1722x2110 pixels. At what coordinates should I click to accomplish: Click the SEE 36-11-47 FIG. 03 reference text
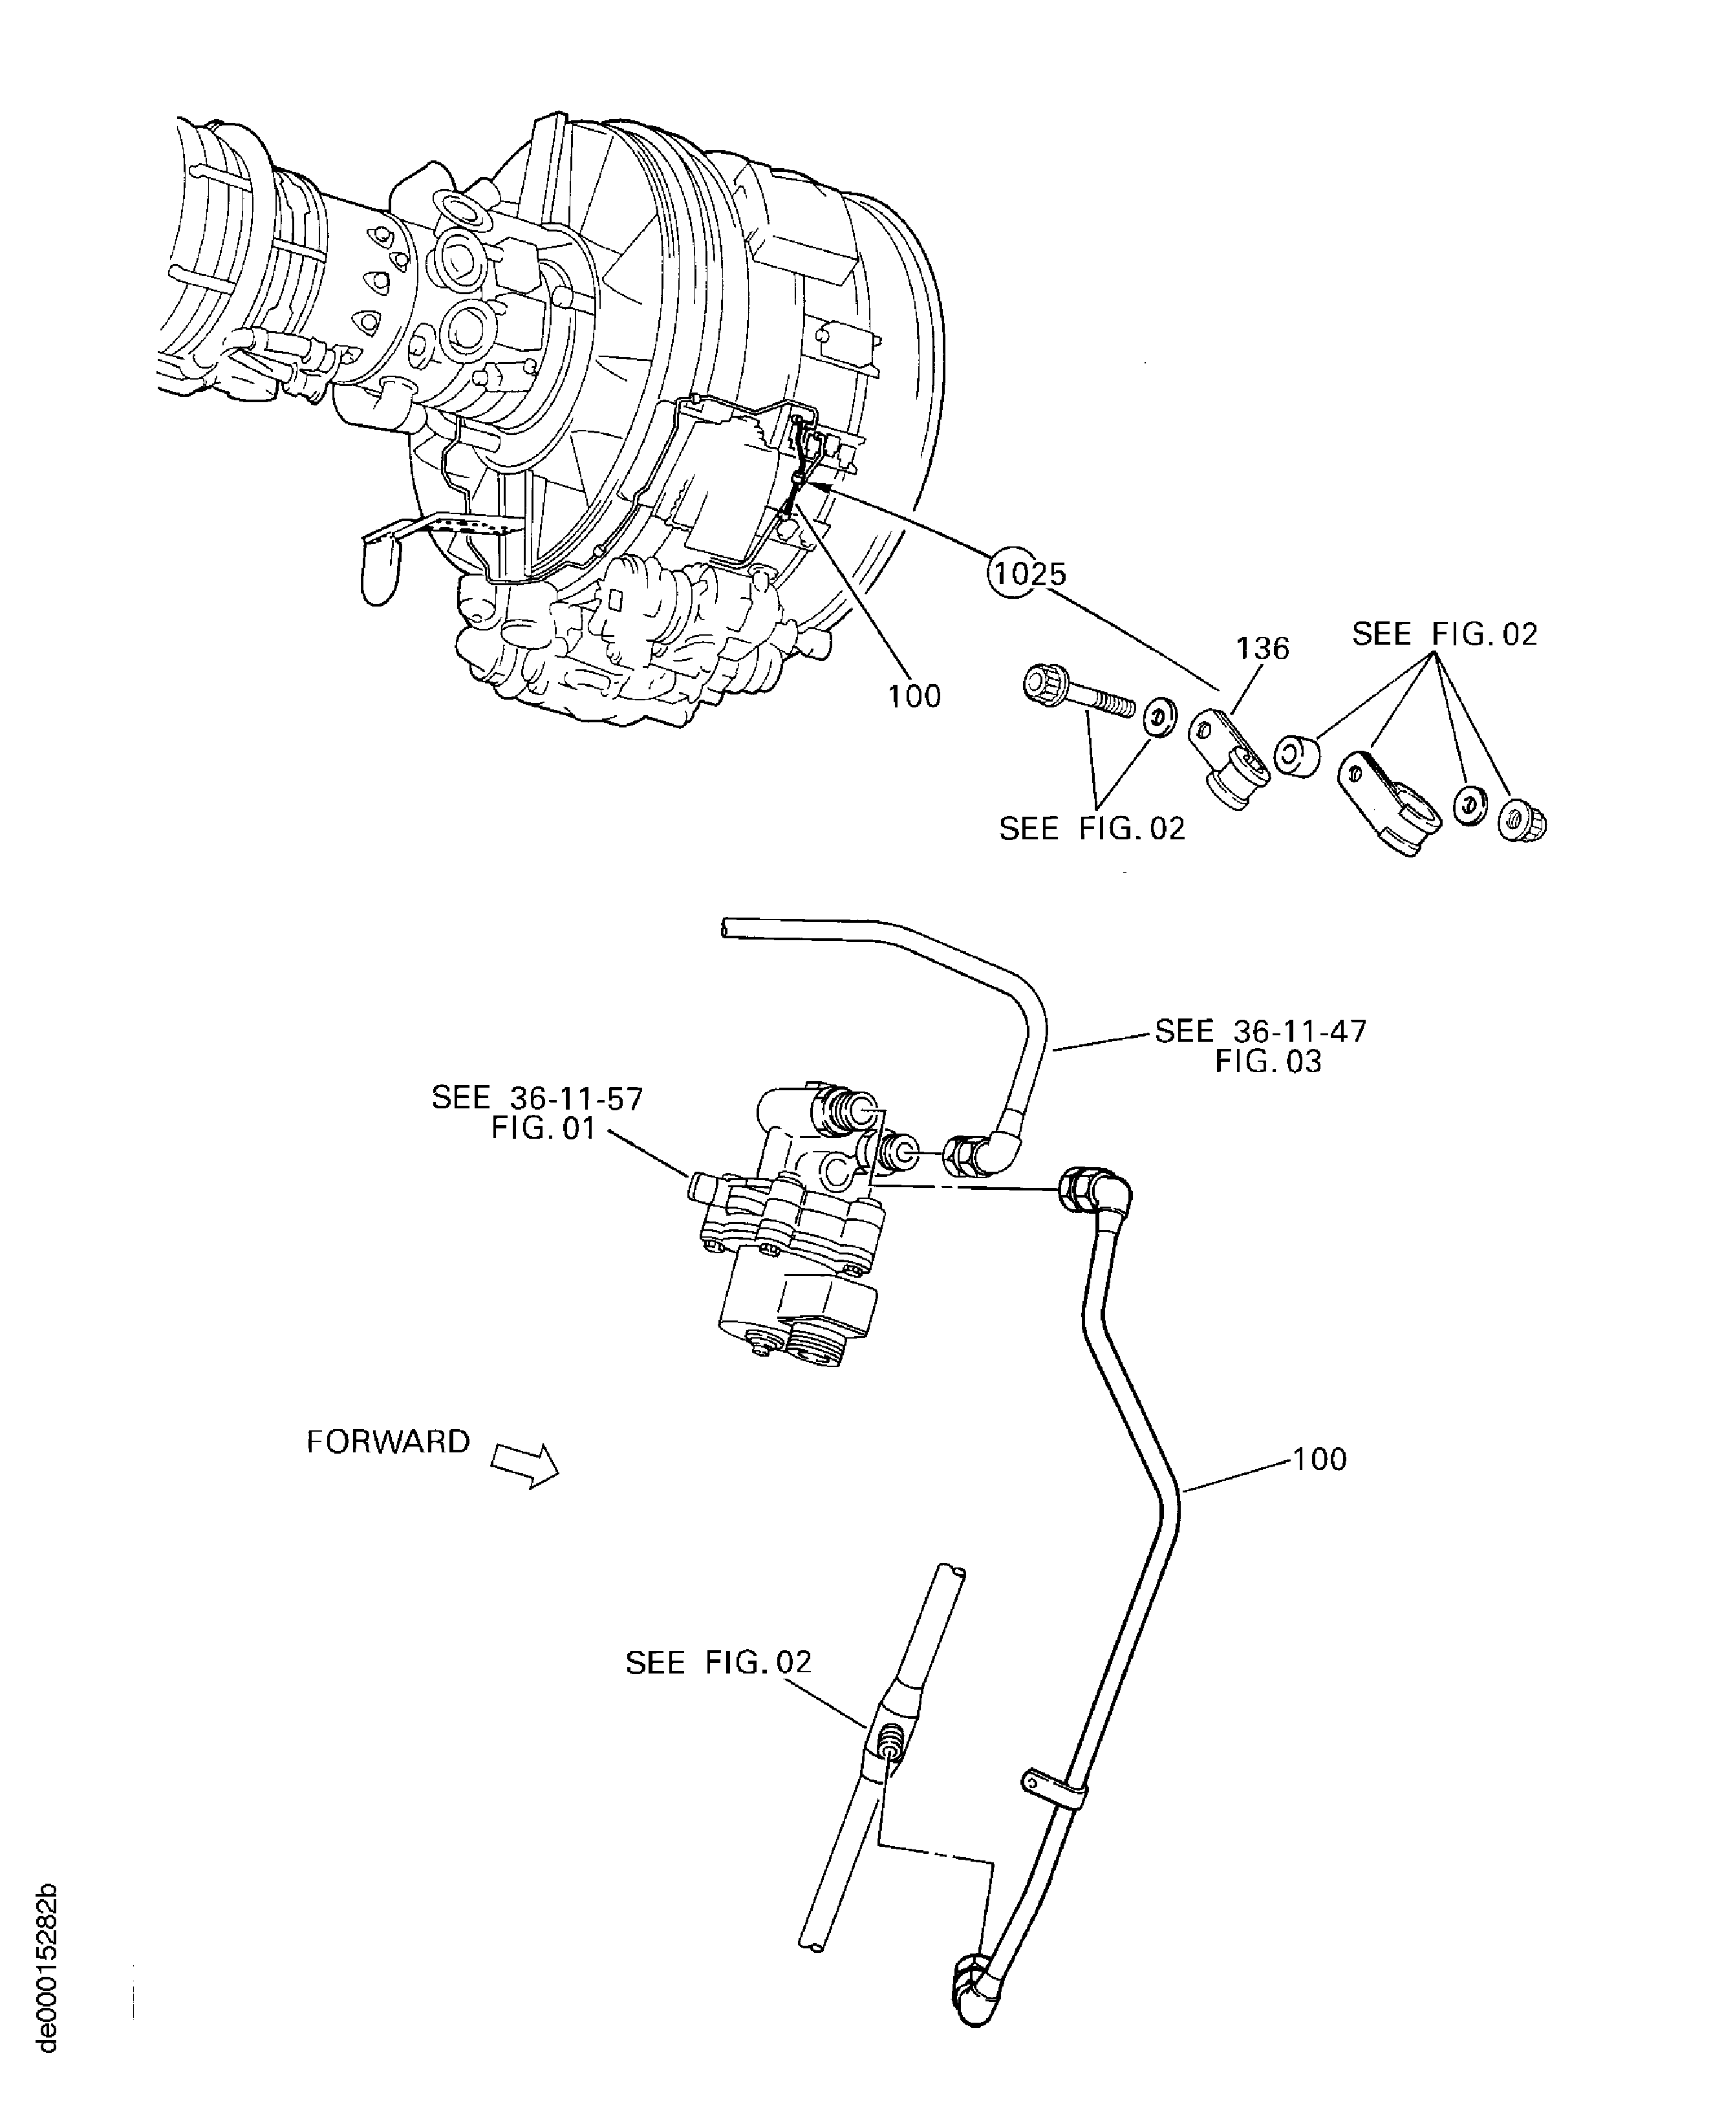1261,1046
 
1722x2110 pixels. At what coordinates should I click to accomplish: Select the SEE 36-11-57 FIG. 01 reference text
537,1112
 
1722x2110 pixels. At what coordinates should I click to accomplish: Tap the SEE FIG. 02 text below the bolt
1091,828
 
